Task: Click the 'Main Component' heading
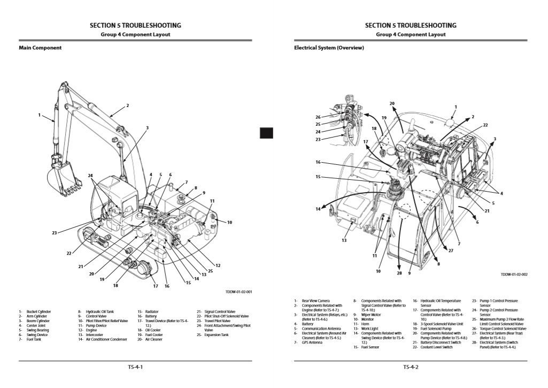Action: (40, 48)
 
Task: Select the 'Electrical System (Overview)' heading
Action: (329, 48)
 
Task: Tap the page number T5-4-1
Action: (135, 367)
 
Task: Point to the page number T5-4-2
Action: (411, 367)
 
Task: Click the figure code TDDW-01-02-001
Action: (240, 292)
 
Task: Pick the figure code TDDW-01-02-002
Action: (514, 275)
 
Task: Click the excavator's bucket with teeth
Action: (63, 179)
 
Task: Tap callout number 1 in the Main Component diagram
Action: (40, 115)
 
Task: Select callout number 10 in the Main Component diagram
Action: (230, 222)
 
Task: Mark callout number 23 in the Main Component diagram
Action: (55, 233)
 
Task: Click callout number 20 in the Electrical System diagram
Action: (392, 103)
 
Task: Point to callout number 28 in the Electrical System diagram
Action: (399, 273)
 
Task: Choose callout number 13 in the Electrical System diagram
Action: (344, 240)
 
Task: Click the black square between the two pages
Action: (266, 133)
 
